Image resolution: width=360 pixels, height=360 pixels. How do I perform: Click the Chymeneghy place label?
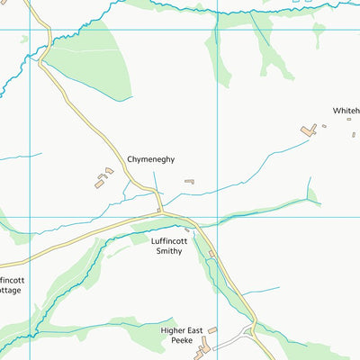150,159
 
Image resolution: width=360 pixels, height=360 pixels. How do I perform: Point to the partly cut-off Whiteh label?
346,111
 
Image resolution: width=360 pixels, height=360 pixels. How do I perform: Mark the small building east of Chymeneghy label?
189,181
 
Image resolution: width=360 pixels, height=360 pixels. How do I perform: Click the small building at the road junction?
159,211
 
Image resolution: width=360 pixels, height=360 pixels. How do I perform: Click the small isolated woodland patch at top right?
318,34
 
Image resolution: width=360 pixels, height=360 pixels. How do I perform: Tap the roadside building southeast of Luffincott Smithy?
211,256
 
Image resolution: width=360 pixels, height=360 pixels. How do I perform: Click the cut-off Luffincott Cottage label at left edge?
10,285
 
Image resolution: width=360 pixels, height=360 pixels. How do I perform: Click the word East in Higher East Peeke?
202,330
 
